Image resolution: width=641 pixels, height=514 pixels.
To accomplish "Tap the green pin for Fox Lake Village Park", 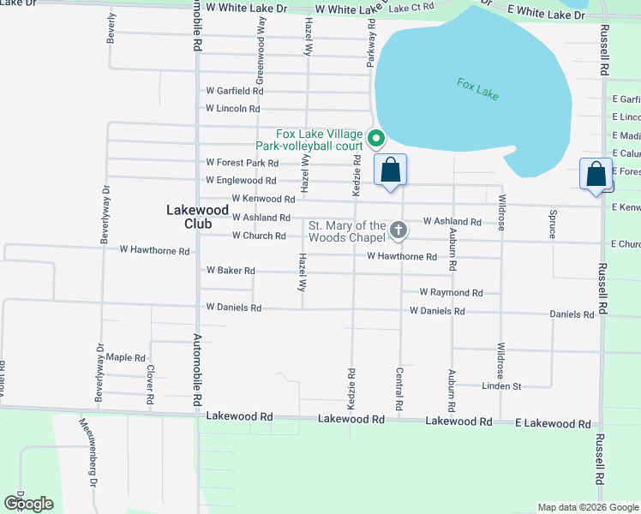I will pos(374,137).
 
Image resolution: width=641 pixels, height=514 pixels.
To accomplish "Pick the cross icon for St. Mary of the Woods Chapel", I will pos(398,230).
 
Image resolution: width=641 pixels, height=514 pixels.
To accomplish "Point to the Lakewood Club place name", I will pos(196,216).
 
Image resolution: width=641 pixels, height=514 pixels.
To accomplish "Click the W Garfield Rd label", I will pos(234,91).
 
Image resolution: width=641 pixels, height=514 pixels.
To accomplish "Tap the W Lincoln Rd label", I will pos(232,109).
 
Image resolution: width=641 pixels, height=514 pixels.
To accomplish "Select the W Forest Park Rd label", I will pos(243,163).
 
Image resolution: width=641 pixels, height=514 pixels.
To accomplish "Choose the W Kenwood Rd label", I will pos(239,199).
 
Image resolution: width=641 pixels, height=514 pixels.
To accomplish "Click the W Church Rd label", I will pos(259,236).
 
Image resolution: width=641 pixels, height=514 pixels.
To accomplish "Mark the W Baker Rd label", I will pos(231,271).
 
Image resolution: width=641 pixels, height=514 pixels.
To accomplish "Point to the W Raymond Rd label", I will pos(451,292).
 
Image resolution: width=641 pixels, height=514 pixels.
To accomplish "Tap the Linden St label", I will pos(502,386).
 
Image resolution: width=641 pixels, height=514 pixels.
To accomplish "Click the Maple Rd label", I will pos(125,357).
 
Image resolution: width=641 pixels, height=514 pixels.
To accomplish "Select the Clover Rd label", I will pos(150,385).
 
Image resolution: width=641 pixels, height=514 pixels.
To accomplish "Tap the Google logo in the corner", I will pos(28,503).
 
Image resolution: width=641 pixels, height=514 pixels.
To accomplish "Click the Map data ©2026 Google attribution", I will pos(588,507).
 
